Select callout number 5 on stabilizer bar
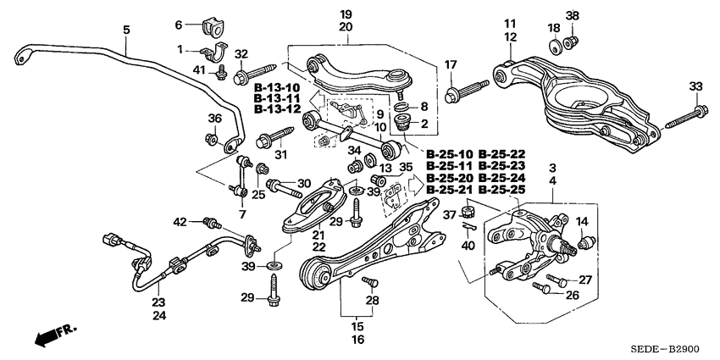[x=126, y=30]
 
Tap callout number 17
[x=451, y=64]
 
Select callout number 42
[x=180, y=222]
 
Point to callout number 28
[x=370, y=301]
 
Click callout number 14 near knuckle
[x=582, y=222]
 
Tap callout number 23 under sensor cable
[x=158, y=302]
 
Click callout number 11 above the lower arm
[x=509, y=23]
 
